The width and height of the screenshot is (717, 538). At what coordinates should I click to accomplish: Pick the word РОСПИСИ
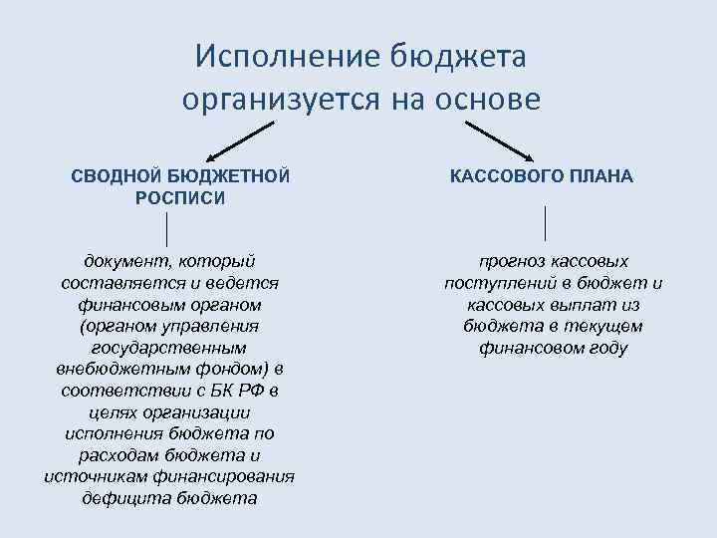[180, 197]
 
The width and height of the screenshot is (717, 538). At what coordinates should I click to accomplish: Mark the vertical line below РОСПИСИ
[166, 229]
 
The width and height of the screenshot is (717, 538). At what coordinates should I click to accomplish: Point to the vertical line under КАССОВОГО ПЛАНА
[546, 223]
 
